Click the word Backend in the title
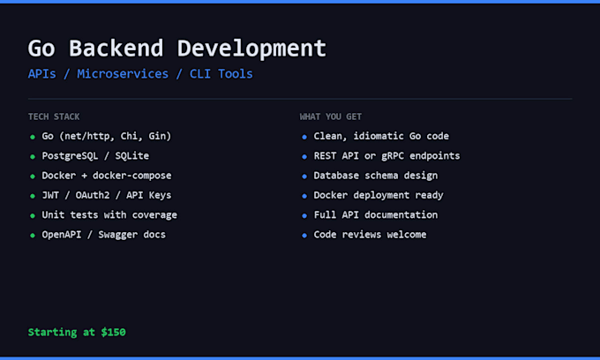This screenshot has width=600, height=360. [116, 49]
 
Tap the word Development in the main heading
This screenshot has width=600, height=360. [251, 49]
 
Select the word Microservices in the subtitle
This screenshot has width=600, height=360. [123, 73]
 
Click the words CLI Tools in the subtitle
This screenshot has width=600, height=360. [221, 73]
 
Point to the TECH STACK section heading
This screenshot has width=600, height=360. [54, 116]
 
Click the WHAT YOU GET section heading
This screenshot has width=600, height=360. [331, 116]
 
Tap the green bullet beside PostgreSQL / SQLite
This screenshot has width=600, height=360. [33, 156]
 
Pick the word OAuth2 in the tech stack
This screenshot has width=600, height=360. [93, 195]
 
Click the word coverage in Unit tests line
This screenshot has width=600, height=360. [154, 215]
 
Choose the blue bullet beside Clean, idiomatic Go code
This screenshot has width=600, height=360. [304, 137]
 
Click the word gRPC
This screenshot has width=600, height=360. [393, 156]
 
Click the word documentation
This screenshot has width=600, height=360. [401, 215]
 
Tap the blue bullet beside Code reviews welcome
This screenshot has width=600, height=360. [304, 236]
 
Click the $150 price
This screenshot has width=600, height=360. [113, 332]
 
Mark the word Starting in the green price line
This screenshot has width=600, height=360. [52, 333]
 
